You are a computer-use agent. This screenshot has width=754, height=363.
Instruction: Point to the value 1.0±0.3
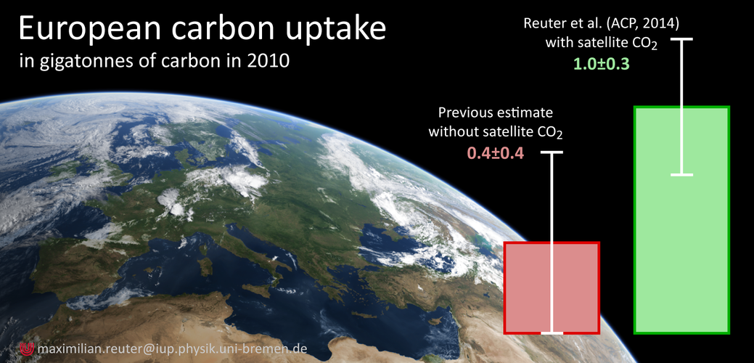[601, 64]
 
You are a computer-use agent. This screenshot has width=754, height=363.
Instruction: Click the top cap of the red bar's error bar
[552, 152]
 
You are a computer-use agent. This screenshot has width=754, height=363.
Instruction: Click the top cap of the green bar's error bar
[681, 39]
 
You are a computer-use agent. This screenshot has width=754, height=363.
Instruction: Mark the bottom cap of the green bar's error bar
[681, 174]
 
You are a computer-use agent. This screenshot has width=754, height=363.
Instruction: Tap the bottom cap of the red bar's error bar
[552, 333]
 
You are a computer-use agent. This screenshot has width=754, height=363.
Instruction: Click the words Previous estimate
[496, 113]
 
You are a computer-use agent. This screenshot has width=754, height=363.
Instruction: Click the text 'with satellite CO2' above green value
[602, 44]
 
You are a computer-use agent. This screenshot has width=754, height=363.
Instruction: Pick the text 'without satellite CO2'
[496, 133]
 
